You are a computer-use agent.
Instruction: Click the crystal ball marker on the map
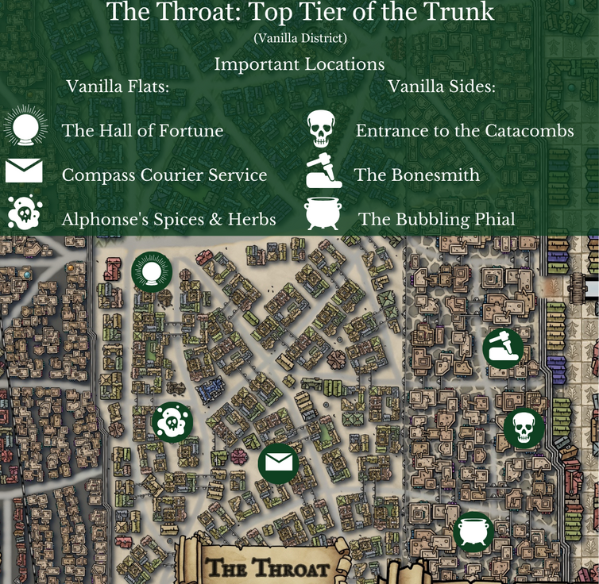pos(152,272)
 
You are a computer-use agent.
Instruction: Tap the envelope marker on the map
pos(278,463)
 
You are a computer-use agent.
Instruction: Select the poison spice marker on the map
pos(172,423)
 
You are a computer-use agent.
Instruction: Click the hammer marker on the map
pos(503,348)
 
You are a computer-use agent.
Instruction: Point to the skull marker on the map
pos(524,428)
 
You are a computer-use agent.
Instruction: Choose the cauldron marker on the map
pos(473,532)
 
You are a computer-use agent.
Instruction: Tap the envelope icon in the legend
pos(23,172)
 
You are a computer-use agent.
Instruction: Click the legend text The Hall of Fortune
pos(142,130)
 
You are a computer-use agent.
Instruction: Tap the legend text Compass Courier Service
pos(164,175)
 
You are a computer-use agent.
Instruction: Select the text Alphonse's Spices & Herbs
pos(169,218)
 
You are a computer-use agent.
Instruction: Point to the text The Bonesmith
pos(417,175)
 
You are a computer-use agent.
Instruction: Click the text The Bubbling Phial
pos(436,218)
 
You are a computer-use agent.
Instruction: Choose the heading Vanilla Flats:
pos(118,86)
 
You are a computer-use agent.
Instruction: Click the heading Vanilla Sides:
pos(442,86)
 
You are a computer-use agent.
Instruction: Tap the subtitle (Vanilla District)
pos(299,37)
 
